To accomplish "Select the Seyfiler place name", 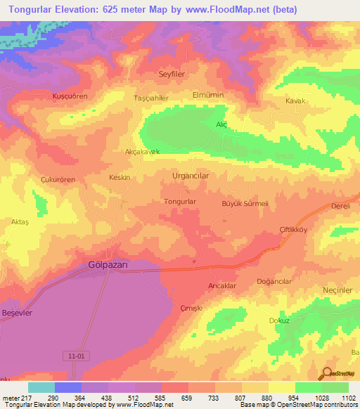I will click(x=172, y=74).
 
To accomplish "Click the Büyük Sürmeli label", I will click(x=246, y=203).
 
